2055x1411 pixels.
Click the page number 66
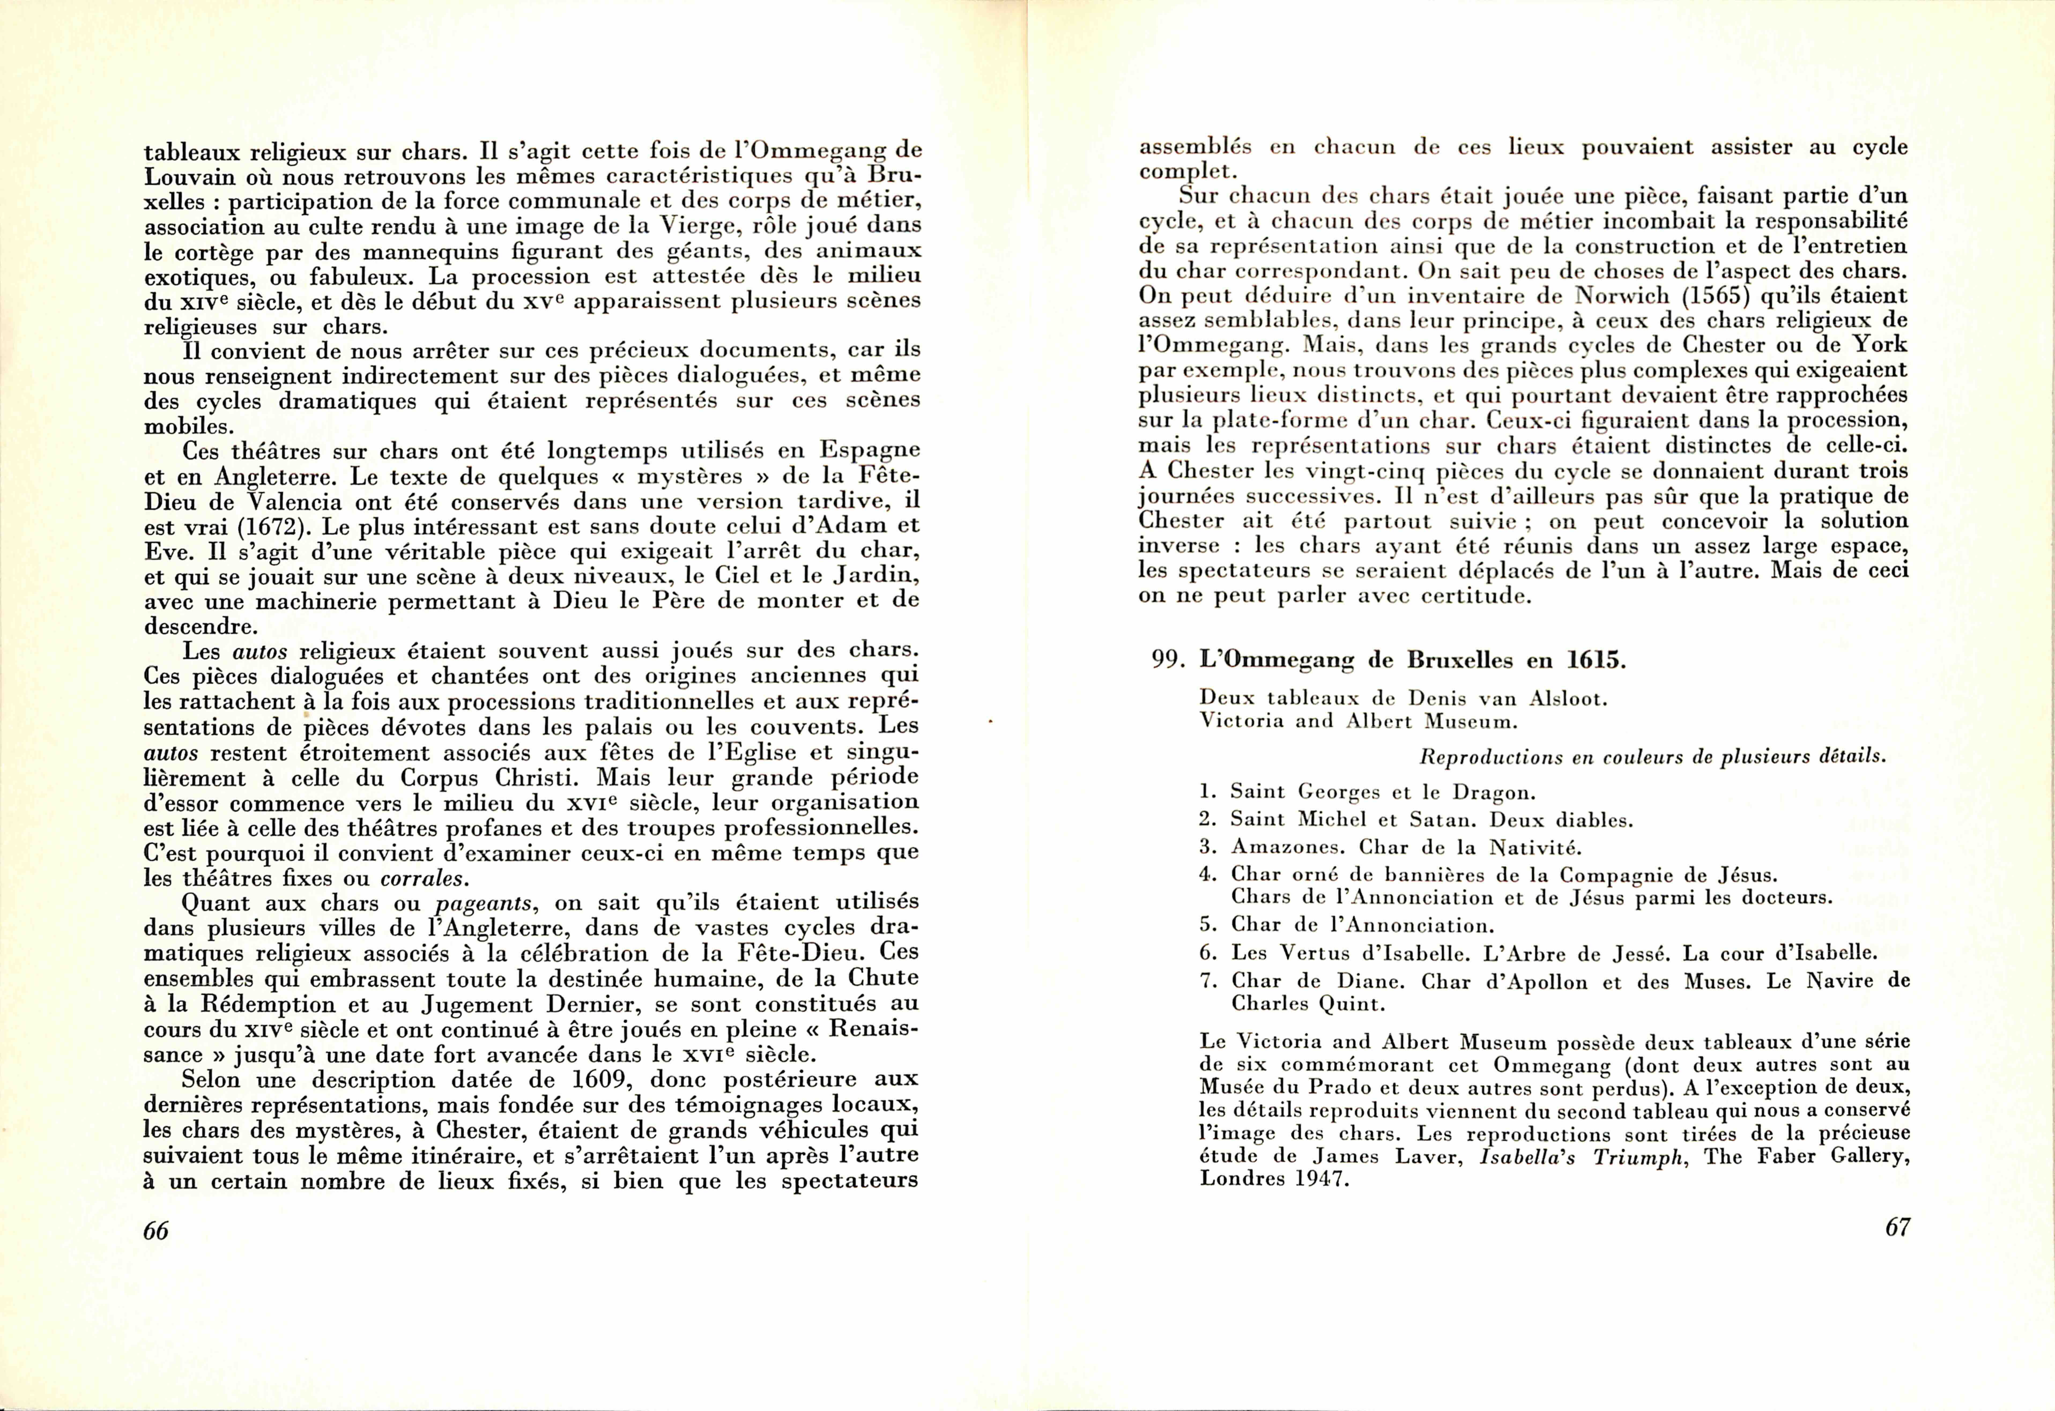156,1231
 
